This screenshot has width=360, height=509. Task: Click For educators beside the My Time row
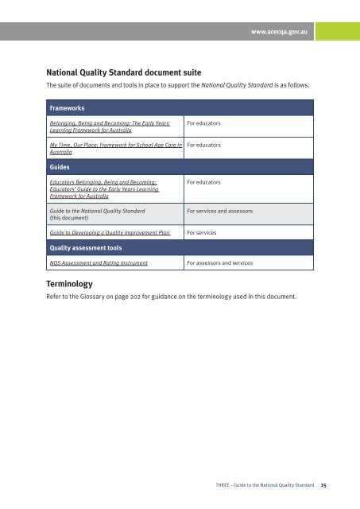point(203,146)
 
